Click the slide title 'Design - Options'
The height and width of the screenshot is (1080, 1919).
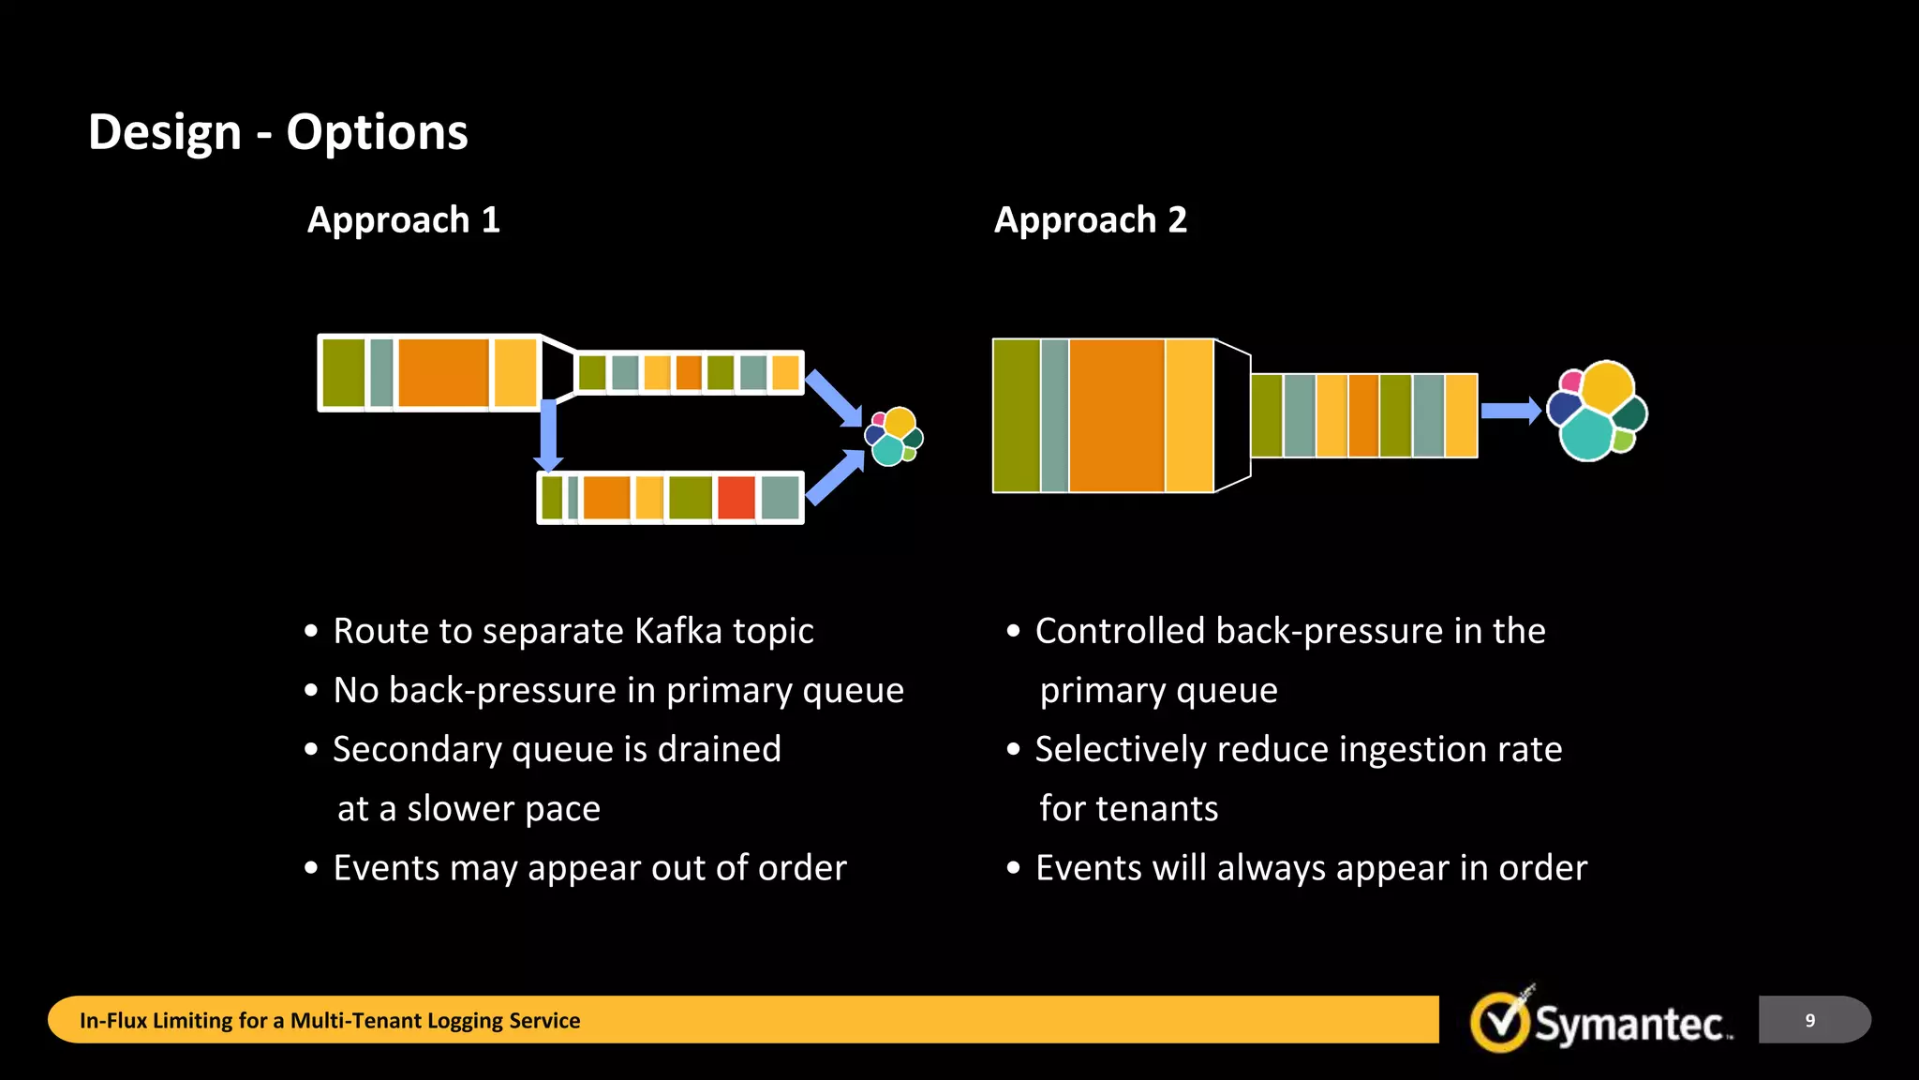[277, 132]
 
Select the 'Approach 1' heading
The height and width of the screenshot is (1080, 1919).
[403, 220]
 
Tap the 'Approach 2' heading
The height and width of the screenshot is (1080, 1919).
[1090, 220]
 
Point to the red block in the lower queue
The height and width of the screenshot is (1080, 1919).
[736, 498]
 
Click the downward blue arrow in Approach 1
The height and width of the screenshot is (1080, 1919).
[548, 436]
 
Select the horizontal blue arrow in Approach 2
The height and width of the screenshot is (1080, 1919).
[1510, 411]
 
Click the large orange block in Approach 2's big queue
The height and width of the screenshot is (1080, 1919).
[1116, 415]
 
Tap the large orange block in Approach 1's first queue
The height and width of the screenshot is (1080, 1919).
[442, 372]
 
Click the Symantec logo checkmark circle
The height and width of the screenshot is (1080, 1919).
[1500, 1022]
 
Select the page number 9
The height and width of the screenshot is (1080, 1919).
[1809, 1020]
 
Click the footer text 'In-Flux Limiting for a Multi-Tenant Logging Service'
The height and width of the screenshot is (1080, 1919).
[330, 1020]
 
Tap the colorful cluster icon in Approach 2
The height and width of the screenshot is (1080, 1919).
[1597, 411]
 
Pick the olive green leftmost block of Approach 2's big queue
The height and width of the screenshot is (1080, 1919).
[1016, 415]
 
